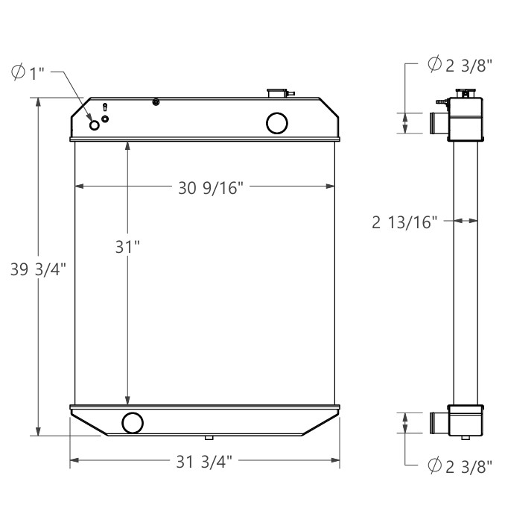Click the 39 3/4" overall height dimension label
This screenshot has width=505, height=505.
(x=39, y=271)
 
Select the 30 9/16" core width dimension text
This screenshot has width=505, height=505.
(x=211, y=188)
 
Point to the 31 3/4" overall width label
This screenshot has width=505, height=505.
(x=204, y=462)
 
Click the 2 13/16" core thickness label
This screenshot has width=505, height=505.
(x=404, y=222)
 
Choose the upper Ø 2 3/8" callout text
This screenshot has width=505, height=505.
(x=460, y=65)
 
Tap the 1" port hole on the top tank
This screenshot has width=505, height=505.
(x=95, y=125)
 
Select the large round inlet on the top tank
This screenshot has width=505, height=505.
(x=277, y=122)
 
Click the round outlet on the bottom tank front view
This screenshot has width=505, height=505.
(x=133, y=422)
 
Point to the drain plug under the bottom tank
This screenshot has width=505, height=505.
(x=209, y=437)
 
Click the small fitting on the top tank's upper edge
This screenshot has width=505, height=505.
(x=156, y=101)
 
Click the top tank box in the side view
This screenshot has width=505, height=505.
(x=465, y=120)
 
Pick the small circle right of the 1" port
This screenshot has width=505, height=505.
(x=105, y=119)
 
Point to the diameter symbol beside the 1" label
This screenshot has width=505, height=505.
(x=18, y=72)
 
